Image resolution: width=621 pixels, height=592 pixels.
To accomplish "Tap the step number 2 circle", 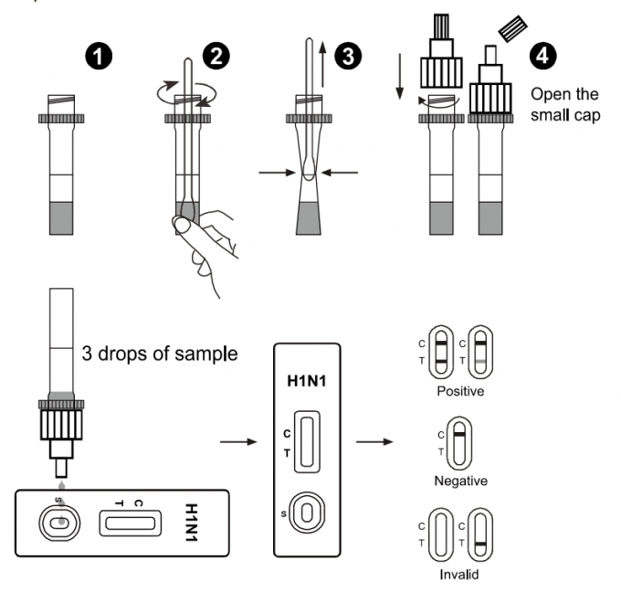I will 216,55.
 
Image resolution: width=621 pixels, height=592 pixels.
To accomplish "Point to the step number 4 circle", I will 544,55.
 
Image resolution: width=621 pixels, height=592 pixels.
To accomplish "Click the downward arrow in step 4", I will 400,82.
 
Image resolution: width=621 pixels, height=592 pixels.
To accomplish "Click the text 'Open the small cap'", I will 563,104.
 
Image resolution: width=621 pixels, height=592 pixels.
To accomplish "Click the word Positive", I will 460,390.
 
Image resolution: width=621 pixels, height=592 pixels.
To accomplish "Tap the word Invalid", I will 460,575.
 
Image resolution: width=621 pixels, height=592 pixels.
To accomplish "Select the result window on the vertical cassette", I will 307,441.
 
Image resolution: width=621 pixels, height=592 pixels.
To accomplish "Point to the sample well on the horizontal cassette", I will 58,523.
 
